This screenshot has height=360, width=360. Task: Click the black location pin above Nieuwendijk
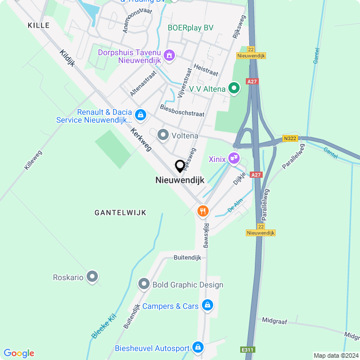(180, 166)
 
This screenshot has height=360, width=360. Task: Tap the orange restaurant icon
(202, 211)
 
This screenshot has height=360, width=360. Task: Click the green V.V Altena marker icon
(234, 88)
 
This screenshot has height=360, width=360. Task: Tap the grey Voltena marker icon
(163, 135)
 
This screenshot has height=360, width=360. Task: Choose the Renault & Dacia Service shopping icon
(141, 115)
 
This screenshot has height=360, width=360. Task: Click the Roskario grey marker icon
(92, 277)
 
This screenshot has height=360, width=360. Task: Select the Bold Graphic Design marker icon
(144, 285)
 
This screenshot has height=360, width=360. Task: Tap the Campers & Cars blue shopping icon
(208, 305)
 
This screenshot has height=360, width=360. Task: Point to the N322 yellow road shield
(290, 138)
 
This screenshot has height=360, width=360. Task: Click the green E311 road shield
(247, 350)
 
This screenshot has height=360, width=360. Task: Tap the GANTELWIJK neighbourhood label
(120, 212)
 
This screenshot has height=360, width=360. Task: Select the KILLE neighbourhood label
(38, 25)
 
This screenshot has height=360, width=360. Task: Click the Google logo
(19, 353)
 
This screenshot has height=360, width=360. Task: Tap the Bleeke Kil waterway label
(103, 326)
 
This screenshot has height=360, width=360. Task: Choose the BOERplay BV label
(191, 28)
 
